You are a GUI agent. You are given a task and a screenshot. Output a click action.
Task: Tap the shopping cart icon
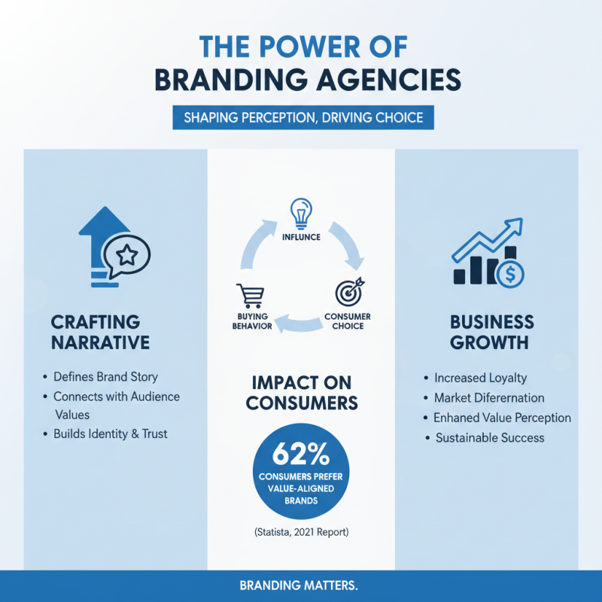(248, 295)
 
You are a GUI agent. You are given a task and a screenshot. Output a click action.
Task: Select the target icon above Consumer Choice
(350, 291)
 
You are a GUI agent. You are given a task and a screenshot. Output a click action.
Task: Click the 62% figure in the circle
(300, 455)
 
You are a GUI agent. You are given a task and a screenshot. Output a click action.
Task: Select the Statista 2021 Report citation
(301, 533)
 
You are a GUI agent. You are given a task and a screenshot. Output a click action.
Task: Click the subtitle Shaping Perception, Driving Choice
(303, 117)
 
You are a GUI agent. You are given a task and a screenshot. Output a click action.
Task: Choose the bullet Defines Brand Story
(105, 376)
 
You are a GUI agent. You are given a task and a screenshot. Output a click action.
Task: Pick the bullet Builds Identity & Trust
(110, 433)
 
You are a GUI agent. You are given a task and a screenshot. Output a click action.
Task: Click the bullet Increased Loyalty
(480, 378)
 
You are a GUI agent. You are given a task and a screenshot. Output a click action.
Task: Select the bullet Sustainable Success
(489, 437)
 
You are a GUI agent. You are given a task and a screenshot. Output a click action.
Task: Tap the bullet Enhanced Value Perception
(502, 418)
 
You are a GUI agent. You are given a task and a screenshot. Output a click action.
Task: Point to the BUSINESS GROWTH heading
(492, 332)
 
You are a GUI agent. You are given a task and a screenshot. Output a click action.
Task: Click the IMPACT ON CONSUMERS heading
(301, 392)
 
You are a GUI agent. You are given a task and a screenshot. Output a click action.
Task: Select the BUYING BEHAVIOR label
(249, 321)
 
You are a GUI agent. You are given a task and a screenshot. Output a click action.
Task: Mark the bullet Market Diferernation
(489, 397)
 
